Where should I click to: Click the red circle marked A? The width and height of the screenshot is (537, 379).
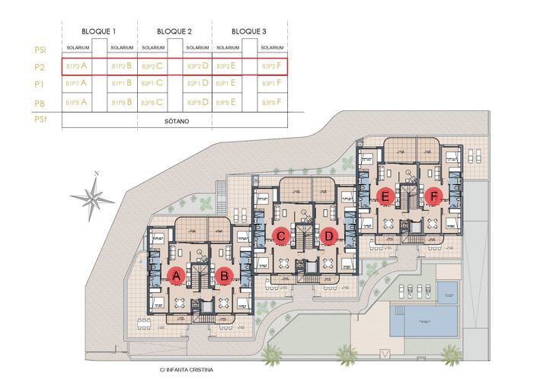[177, 277]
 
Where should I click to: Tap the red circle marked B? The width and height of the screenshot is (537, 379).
[224, 277]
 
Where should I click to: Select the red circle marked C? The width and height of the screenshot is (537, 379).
[281, 237]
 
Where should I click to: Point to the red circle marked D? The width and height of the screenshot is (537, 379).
[329, 237]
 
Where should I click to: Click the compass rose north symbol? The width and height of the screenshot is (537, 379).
[91, 197]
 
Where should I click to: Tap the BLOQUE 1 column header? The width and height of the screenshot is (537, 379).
[99, 30]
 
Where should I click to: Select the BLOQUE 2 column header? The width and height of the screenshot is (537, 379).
[174, 30]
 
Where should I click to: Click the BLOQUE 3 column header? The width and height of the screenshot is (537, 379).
[249, 30]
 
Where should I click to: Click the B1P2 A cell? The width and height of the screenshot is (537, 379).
[77, 66]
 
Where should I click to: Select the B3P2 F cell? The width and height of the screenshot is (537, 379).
[272, 66]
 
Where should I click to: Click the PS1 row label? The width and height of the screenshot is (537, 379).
[41, 49]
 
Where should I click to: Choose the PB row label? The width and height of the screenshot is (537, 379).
[41, 101]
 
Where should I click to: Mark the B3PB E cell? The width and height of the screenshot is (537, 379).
[227, 101]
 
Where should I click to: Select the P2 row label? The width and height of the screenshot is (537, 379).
[41, 66]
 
